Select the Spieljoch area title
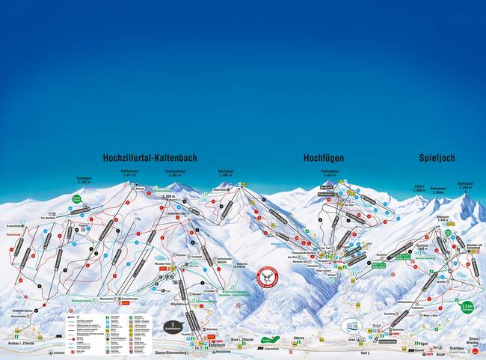point(437,159)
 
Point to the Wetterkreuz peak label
point(131,171)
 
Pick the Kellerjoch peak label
point(465,184)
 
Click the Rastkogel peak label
point(84,180)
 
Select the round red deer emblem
point(266,276)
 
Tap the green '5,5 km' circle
point(467,307)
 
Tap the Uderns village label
point(299,338)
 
